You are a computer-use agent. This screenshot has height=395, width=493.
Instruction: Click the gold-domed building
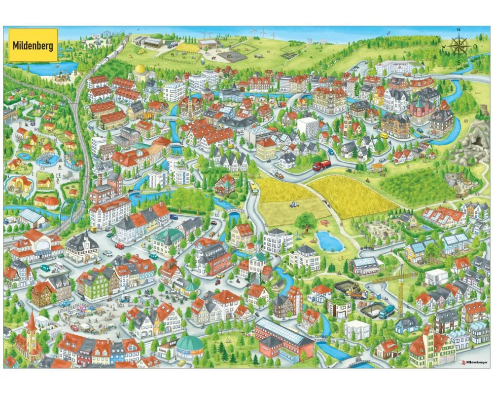[x=141, y=73]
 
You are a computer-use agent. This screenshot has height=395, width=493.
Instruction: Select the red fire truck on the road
[x=321, y=165]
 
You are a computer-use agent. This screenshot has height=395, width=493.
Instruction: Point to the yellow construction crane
[x=399, y=286]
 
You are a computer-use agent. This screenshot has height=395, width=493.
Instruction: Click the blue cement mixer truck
[x=386, y=311]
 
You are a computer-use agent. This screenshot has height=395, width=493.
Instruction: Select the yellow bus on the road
[x=254, y=188]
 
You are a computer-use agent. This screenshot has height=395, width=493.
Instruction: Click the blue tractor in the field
[x=295, y=204]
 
